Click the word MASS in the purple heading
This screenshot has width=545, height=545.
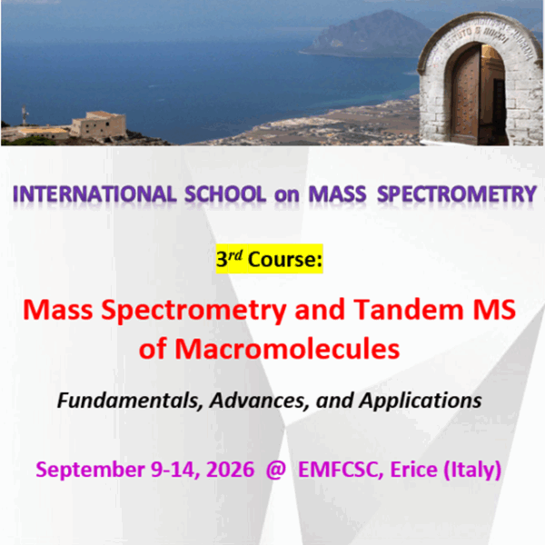[340, 194]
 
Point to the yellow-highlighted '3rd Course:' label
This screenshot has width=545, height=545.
[269, 260]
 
